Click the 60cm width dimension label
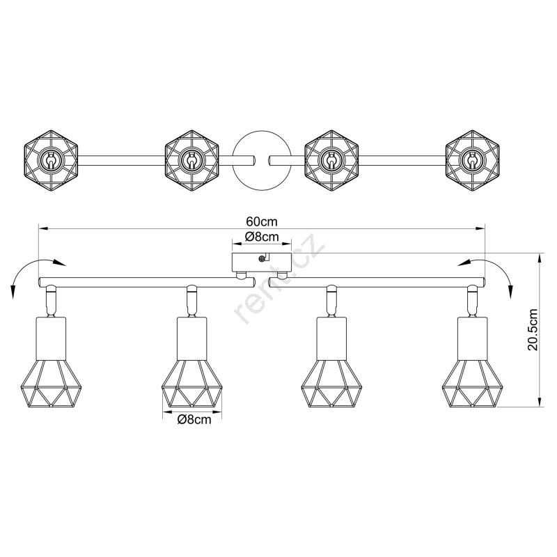262,221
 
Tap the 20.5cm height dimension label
533,330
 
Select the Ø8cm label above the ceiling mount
262,237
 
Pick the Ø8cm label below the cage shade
194,420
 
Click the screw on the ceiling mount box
262,258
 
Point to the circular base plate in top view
262,160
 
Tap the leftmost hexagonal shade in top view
51,161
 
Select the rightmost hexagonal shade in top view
473,161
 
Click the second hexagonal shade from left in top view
192,161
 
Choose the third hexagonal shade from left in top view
332,161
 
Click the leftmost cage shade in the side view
51,384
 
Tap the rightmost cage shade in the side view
473,384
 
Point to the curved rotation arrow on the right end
500,267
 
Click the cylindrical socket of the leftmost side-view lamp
51,338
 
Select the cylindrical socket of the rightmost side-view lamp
473,338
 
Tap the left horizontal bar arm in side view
147,283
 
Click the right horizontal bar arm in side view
377,283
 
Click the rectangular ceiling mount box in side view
262,262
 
